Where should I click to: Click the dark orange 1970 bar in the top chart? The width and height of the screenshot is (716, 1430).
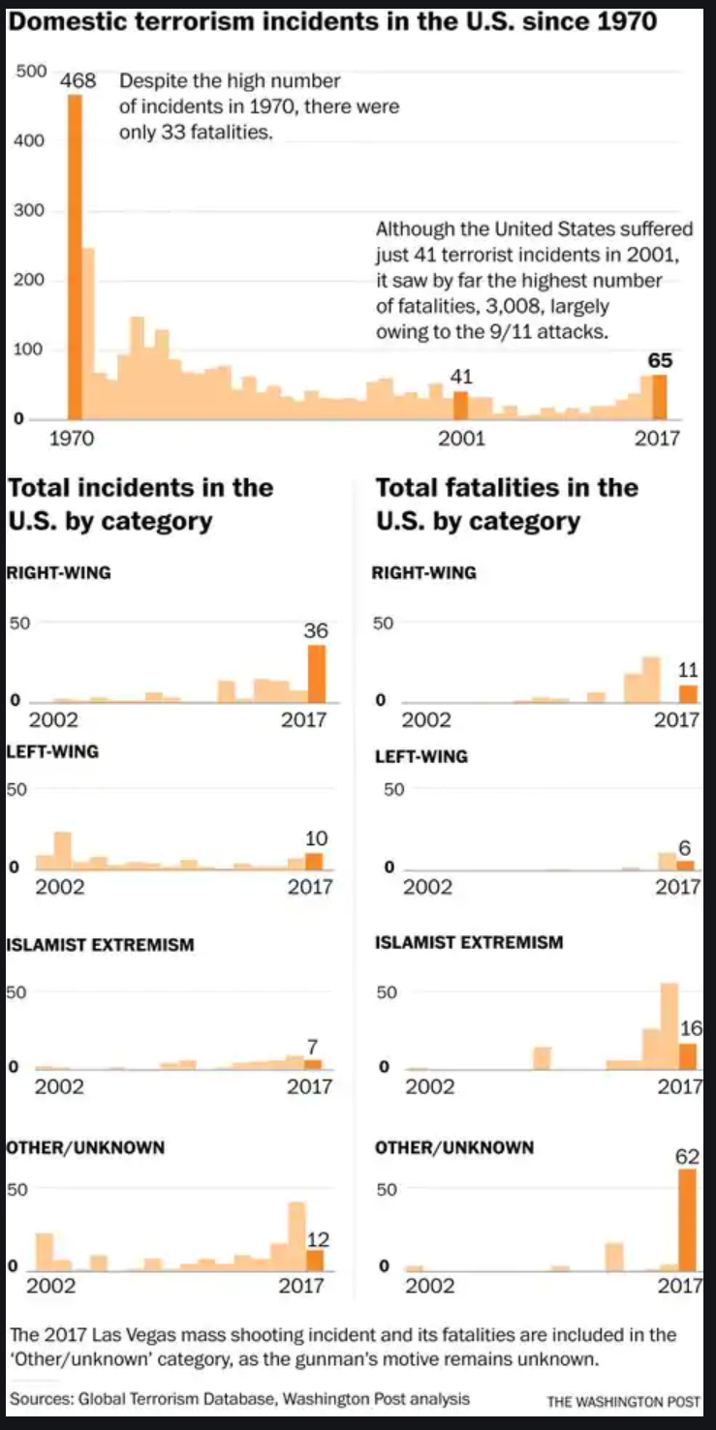(x=74, y=257)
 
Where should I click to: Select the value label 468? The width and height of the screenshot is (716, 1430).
(x=78, y=81)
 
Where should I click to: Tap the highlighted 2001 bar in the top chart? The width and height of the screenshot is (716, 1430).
(x=461, y=406)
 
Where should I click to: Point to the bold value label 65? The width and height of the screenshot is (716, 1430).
(x=660, y=361)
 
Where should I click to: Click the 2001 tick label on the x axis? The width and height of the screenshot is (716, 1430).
(x=461, y=439)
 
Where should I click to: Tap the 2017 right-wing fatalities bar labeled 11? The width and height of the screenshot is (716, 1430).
(x=688, y=693)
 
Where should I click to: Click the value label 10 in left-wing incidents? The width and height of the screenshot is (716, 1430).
(x=317, y=838)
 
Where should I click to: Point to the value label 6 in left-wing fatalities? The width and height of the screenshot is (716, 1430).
(x=685, y=849)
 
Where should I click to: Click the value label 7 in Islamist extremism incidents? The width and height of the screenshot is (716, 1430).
(x=313, y=1046)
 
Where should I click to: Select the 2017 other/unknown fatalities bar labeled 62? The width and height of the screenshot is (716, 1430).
(x=688, y=1220)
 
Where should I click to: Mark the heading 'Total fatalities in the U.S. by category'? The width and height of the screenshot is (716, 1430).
(x=506, y=503)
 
